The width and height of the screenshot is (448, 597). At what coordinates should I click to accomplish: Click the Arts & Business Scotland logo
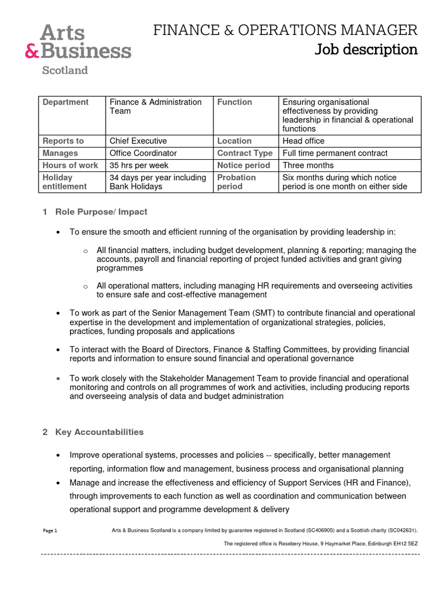(x=78, y=50)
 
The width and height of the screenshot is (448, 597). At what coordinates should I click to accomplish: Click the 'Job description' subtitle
(x=366, y=50)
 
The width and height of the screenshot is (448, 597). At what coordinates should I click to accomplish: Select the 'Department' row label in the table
(x=65, y=102)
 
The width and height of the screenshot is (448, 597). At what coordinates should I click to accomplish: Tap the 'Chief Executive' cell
(x=138, y=141)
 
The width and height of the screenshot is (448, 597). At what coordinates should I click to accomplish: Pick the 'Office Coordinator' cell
(x=143, y=153)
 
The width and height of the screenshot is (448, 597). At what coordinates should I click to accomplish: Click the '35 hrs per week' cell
(x=139, y=165)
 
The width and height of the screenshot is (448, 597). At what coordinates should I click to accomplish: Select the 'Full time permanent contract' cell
(x=335, y=153)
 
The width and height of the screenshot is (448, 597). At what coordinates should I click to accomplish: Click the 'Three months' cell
(x=308, y=165)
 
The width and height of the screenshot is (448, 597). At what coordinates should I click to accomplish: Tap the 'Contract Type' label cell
(x=244, y=153)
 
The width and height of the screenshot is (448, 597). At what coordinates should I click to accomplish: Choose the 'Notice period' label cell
(x=243, y=165)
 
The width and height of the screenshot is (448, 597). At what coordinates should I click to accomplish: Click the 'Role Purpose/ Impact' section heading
(x=101, y=212)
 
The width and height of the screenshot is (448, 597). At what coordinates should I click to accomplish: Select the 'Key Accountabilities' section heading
(x=99, y=432)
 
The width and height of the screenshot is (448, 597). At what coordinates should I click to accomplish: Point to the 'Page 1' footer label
(x=50, y=531)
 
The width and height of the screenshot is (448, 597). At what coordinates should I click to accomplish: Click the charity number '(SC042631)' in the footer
(x=397, y=531)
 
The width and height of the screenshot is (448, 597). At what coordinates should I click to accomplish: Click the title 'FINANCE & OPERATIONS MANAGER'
(x=285, y=30)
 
